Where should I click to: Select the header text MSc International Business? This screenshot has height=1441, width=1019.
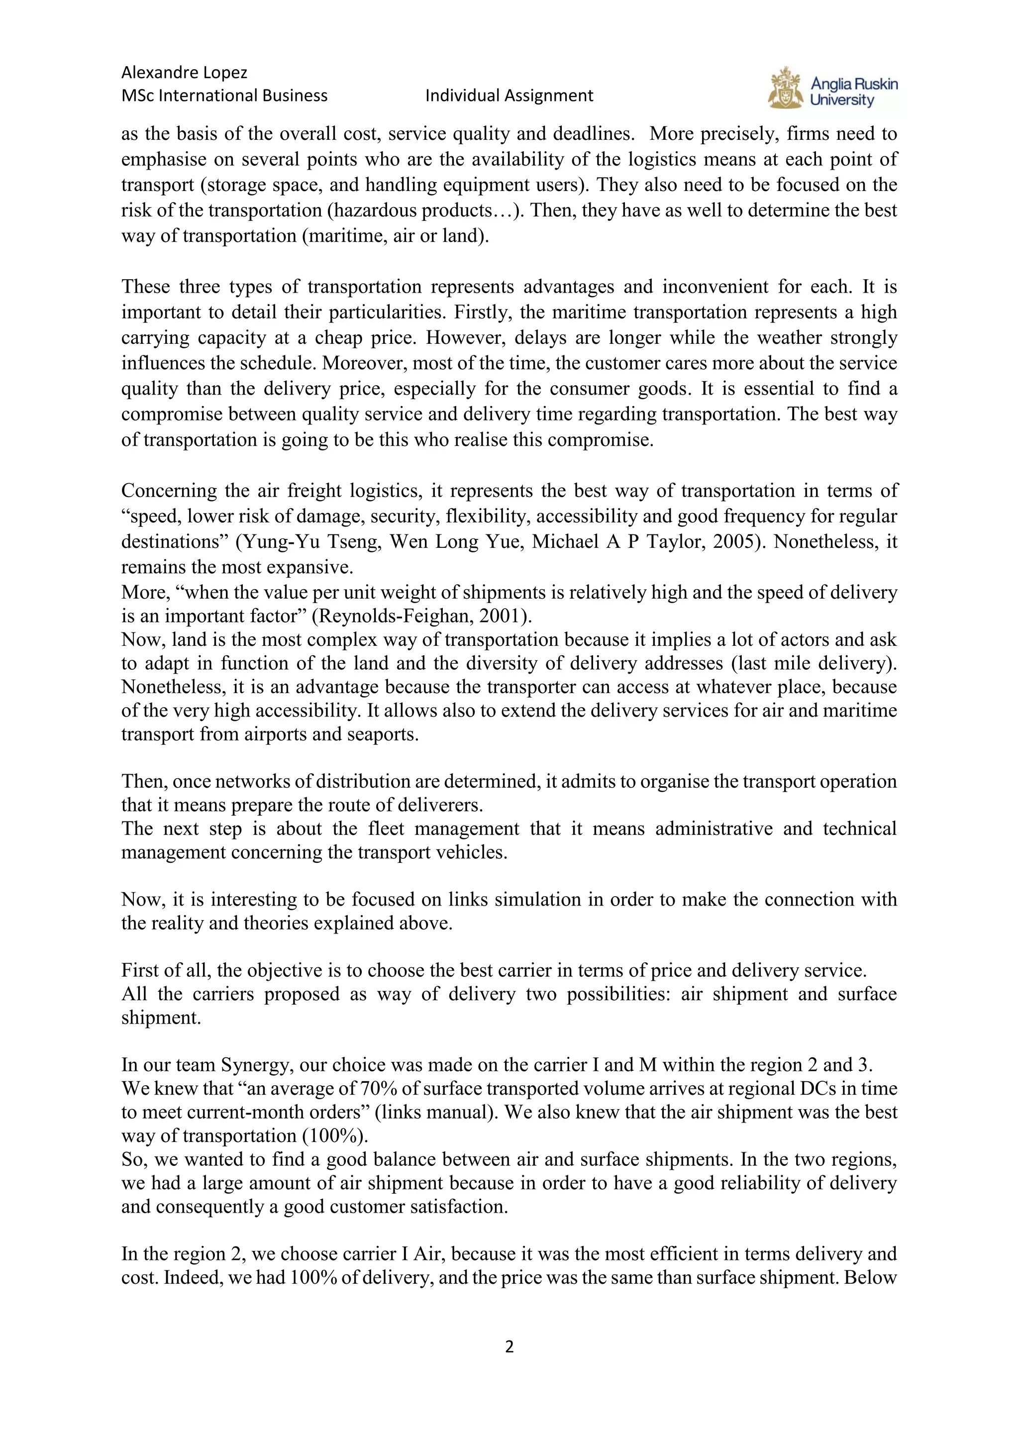tap(224, 96)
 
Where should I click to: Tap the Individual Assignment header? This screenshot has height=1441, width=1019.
tap(509, 96)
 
